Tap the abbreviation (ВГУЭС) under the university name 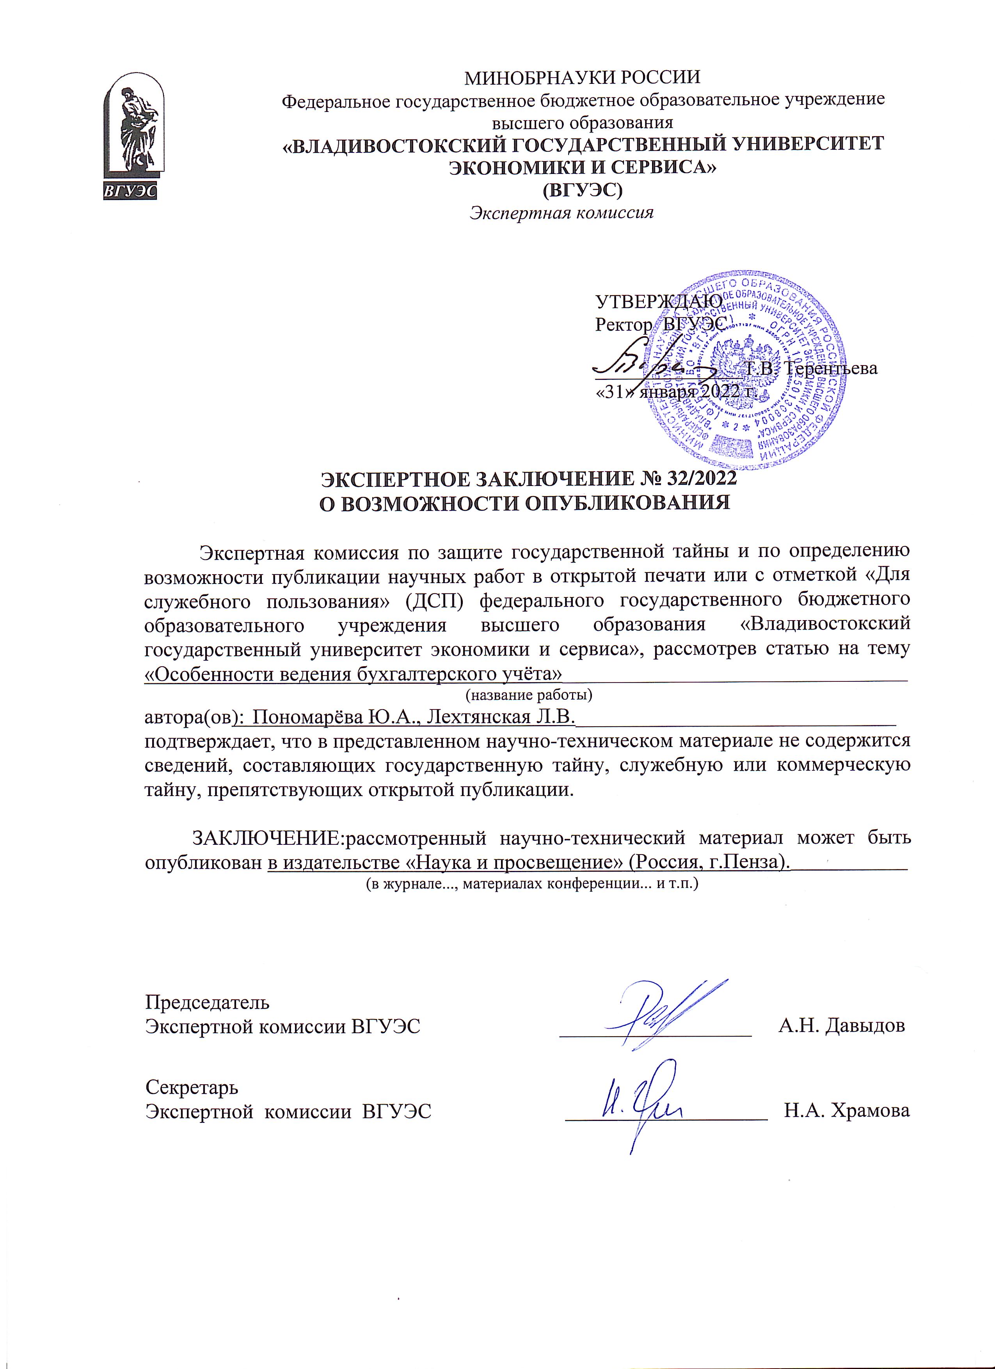coord(582,190)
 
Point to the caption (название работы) coord(529,695)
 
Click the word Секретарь coord(192,1087)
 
